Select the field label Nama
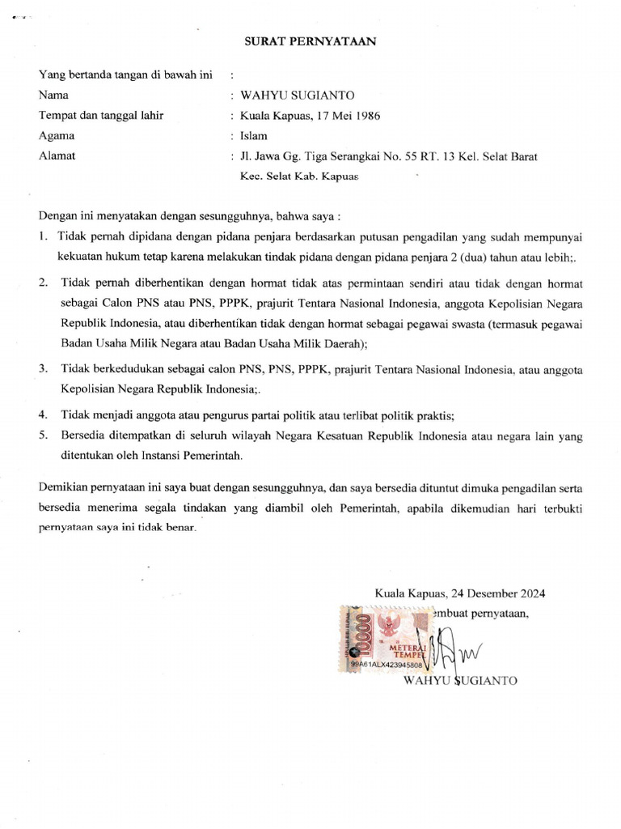(53, 95)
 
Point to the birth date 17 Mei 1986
(340, 116)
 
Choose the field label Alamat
(57, 156)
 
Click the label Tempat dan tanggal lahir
(101, 116)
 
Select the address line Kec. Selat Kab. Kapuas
(298, 175)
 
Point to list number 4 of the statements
(42, 415)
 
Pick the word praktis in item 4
(434, 415)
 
